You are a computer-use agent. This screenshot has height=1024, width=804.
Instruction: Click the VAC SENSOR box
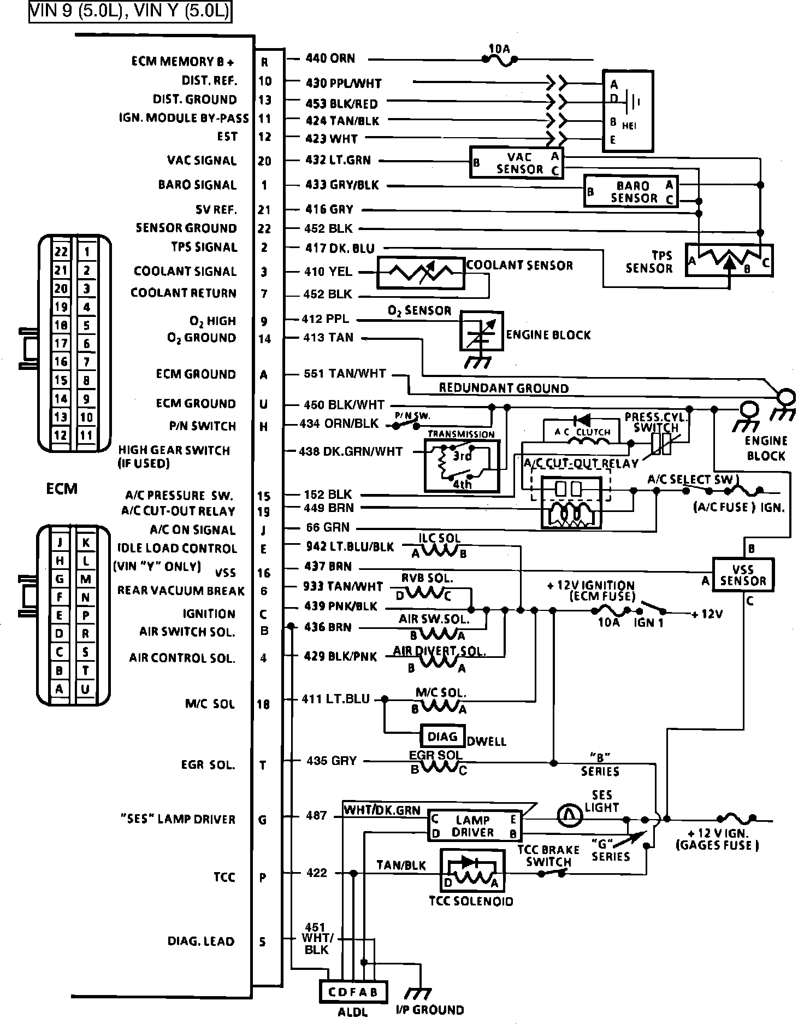click(x=517, y=162)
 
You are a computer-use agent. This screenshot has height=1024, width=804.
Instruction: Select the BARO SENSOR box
click(x=631, y=191)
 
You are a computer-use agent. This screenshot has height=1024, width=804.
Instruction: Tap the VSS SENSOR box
click(x=743, y=574)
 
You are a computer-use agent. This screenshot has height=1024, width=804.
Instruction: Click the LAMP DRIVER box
click(x=474, y=826)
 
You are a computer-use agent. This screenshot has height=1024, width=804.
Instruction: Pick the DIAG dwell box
click(x=442, y=737)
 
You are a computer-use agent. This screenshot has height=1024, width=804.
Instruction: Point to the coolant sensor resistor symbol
click(x=421, y=273)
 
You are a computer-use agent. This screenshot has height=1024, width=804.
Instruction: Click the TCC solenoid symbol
click(x=472, y=870)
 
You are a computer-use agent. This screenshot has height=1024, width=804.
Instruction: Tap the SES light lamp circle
click(x=570, y=816)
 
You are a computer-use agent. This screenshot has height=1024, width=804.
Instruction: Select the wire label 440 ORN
click(x=330, y=58)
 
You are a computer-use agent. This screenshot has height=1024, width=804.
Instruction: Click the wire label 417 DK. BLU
click(x=340, y=249)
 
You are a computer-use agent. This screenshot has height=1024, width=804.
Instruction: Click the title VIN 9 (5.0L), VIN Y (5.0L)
click(x=130, y=11)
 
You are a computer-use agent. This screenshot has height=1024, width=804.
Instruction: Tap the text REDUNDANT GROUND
click(x=504, y=389)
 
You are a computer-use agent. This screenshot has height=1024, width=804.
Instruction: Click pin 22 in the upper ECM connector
click(x=61, y=252)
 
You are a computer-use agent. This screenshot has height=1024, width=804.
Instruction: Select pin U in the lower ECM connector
click(x=85, y=689)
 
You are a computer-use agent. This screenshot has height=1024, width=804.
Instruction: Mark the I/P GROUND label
click(x=430, y=1010)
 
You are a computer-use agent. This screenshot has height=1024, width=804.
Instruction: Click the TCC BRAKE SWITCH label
click(x=548, y=856)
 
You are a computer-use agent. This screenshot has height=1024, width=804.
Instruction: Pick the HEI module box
click(x=628, y=111)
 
